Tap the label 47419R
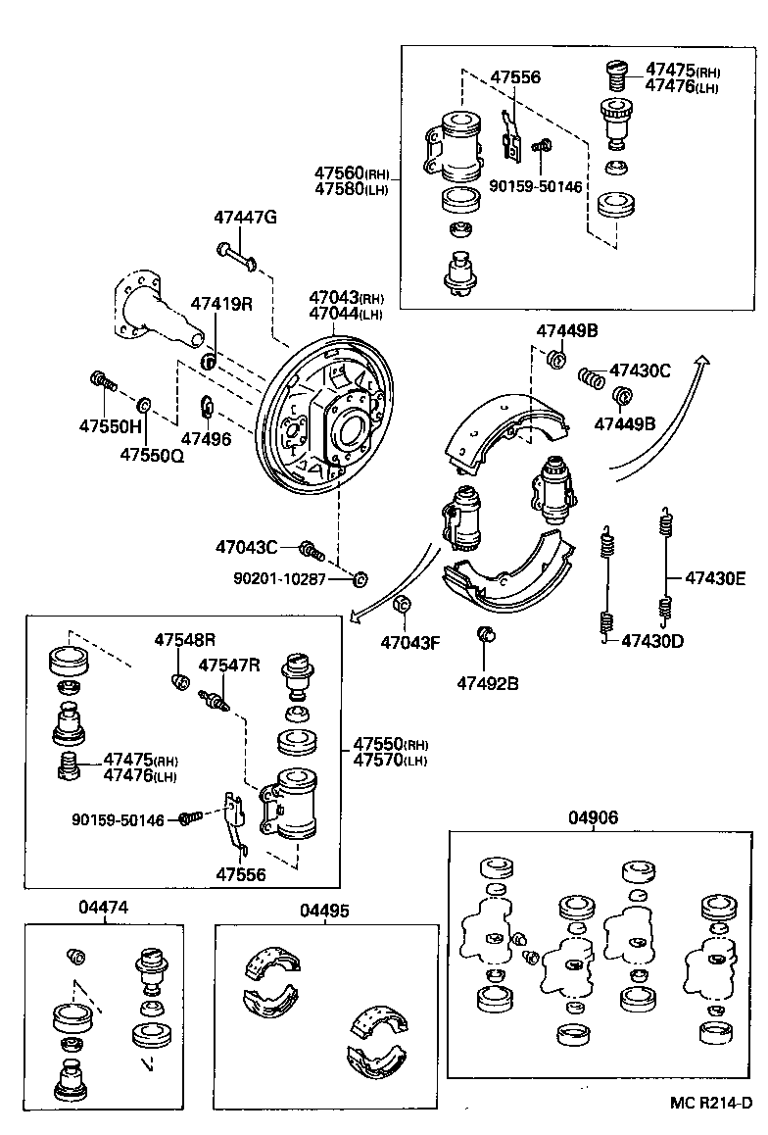[221, 304]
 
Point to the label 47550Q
[152, 455]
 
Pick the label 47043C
[247, 546]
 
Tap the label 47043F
[411, 643]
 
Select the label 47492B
[486, 682]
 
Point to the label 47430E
[715, 578]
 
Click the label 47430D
[651, 641]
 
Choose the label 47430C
[640, 370]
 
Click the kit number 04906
[594, 817]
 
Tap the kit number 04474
[103, 909]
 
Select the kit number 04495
[324, 911]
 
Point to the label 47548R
[184, 640]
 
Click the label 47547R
[229, 666]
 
